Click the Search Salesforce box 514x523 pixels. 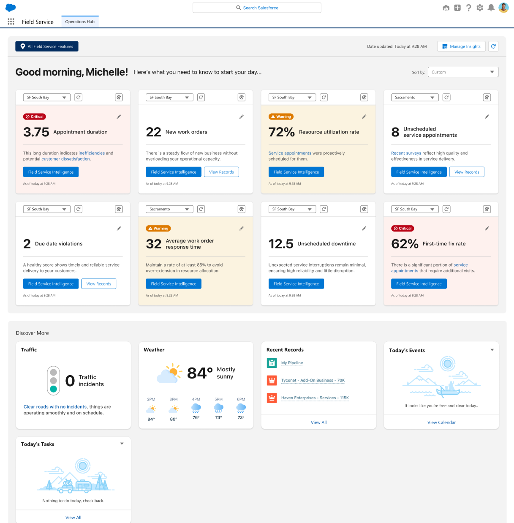tap(257, 8)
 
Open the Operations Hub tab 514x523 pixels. tap(80, 22)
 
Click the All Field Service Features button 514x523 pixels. tap(47, 46)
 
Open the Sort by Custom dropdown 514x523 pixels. tap(463, 72)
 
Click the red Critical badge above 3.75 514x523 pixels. tap(35, 117)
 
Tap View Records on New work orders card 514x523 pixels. tap(221, 172)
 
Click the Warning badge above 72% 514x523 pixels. tap(281, 117)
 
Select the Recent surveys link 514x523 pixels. tap(406, 153)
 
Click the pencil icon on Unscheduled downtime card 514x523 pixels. tap(364, 229)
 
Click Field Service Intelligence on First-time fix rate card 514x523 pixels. tap(419, 284)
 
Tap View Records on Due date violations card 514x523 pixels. tap(98, 284)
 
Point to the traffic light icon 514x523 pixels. tap(53, 381)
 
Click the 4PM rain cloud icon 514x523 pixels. tap(196, 408)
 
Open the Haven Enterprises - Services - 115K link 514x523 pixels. tap(315, 398)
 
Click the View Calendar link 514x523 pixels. tap(441, 422)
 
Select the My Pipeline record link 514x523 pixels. tap(292, 363)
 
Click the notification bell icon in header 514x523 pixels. tap(491, 8)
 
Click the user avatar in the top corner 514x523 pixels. tap(503, 8)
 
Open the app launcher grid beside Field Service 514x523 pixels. tap(11, 22)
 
